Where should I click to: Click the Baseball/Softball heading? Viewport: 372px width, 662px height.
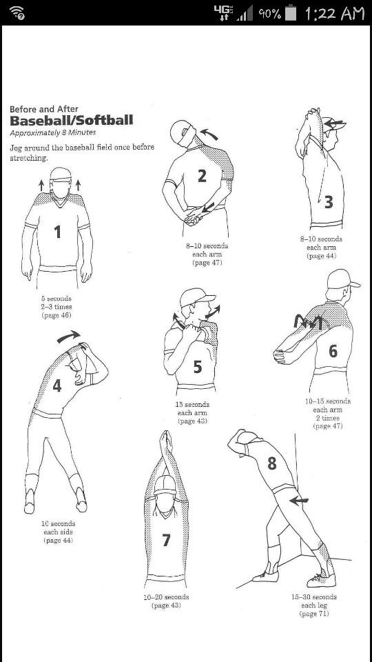point(72,121)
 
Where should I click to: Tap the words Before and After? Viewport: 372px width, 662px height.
point(43,108)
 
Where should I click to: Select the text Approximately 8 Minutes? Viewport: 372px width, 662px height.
point(52,132)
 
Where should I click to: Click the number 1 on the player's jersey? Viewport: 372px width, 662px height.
point(58,232)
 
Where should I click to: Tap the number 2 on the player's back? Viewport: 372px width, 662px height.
point(202,176)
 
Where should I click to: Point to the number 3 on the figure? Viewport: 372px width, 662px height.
point(329,201)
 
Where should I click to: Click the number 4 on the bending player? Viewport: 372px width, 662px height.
point(57,385)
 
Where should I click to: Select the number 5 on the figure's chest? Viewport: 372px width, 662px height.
point(197,367)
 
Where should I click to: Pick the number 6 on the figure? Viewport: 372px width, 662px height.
point(333,351)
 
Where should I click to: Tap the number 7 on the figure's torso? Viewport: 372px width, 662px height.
point(166,540)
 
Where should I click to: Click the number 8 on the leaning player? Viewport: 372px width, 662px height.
point(272,463)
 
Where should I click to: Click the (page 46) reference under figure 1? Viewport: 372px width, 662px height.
point(57,315)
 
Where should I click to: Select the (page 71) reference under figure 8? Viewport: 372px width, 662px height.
point(314,614)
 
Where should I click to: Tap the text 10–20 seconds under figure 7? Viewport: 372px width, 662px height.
point(166,597)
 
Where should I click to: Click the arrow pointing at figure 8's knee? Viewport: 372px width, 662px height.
point(299,501)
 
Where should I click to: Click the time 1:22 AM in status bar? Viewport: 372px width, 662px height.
point(334,13)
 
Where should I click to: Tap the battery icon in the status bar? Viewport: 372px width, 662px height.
point(293,13)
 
